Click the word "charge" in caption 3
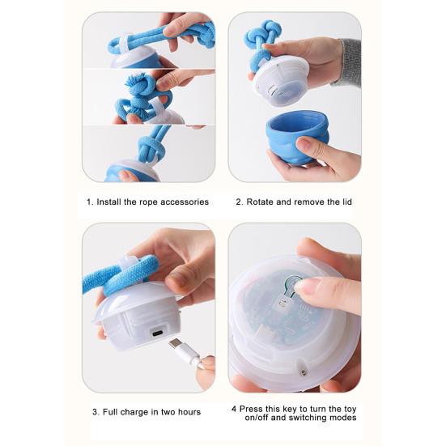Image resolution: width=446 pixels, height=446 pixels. click(134, 413)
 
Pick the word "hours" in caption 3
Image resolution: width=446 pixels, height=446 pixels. click(189, 412)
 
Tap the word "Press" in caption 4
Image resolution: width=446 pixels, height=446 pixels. click(250, 409)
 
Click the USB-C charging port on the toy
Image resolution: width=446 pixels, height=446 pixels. click(158, 333)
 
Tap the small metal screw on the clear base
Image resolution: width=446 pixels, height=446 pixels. click(303, 372)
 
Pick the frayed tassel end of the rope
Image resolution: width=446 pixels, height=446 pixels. click(134, 83)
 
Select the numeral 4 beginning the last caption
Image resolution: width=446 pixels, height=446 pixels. click(234, 410)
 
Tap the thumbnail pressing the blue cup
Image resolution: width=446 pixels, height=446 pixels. click(304, 144)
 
